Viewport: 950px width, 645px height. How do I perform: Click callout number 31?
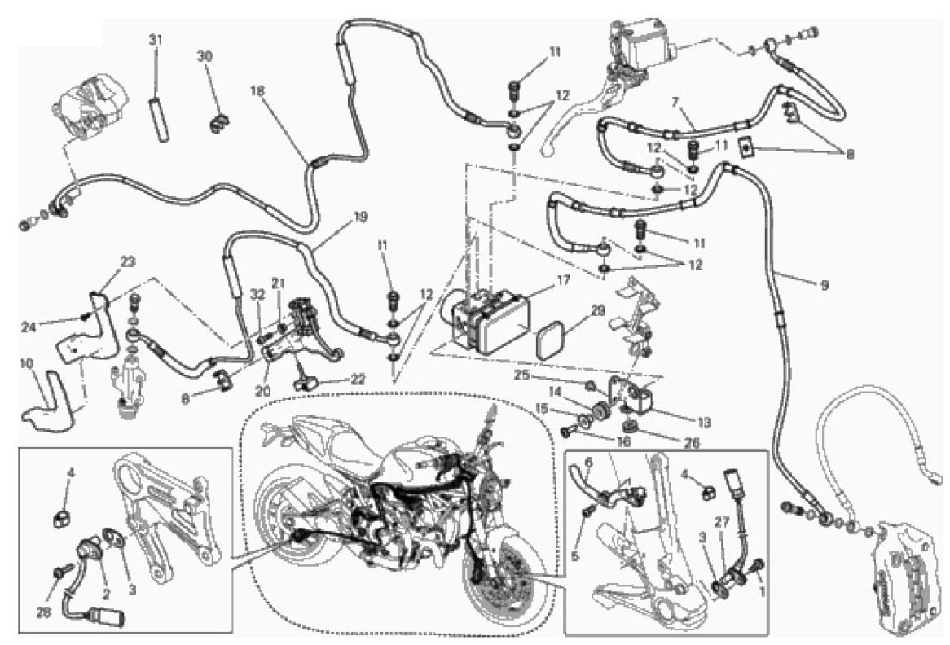coord(156,39)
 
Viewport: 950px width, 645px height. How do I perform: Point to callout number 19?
coord(360,217)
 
